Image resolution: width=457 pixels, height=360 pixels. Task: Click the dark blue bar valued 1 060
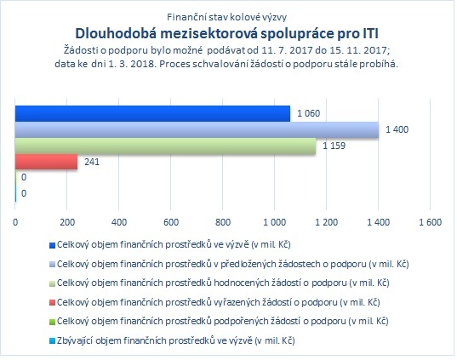point(152,113)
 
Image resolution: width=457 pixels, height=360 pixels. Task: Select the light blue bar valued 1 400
point(197,129)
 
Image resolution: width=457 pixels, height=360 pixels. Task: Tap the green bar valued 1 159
point(166,146)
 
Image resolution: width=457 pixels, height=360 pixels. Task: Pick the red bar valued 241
point(46,162)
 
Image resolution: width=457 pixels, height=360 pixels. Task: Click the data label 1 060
point(308,113)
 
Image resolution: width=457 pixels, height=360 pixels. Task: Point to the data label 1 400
point(397,129)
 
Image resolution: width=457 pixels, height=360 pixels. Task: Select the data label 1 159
point(334,146)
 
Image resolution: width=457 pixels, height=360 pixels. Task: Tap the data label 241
point(92,162)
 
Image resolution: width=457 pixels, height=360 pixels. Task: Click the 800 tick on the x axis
point(223,222)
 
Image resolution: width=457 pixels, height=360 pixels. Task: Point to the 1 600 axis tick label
point(430,222)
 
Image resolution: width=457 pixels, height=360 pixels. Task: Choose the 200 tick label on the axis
point(67,222)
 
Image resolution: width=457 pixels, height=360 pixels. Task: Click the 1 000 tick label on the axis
point(275,222)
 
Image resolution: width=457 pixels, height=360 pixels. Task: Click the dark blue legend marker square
point(52,245)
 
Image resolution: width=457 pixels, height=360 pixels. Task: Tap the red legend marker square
point(52,303)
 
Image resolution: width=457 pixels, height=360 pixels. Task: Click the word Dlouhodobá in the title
point(115,33)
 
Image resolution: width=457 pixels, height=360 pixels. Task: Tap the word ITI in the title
point(370,33)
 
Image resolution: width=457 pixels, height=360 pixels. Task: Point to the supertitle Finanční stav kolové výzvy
point(226,17)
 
